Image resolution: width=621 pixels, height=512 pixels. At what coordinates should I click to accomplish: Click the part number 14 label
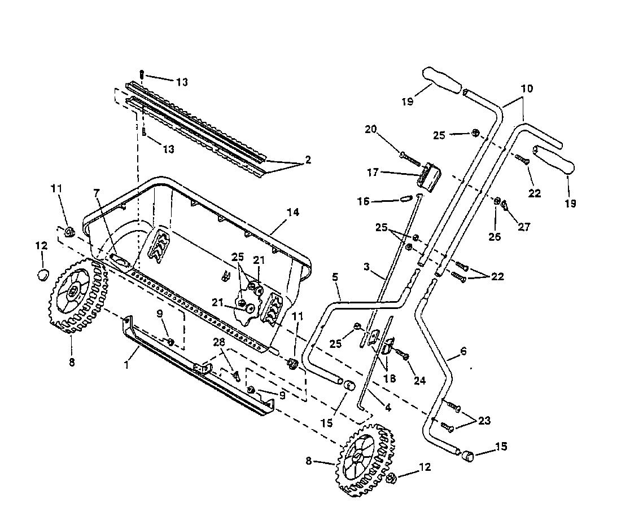pyautogui.click(x=293, y=212)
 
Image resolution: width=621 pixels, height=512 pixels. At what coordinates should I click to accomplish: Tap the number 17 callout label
pyautogui.click(x=373, y=173)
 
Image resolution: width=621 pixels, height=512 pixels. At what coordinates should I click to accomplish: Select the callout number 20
pyautogui.click(x=371, y=130)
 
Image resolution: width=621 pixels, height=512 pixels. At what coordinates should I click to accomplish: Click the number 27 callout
pyautogui.click(x=524, y=227)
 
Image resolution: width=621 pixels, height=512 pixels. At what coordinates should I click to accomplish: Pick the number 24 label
pyautogui.click(x=419, y=380)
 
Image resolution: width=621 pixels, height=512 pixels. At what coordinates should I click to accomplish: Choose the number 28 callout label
pyautogui.click(x=220, y=342)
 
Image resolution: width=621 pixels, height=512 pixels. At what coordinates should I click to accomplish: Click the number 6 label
pyautogui.click(x=463, y=351)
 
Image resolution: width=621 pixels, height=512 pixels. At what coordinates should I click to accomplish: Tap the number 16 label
pyautogui.click(x=363, y=202)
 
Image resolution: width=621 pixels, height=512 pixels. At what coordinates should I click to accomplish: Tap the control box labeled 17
pyautogui.click(x=429, y=176)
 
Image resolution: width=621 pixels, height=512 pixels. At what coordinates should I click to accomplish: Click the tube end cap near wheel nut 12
pyautogui.click(x=468, y=455)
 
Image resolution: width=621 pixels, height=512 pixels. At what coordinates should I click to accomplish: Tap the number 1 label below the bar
pyautogui.click(x=126, y=364)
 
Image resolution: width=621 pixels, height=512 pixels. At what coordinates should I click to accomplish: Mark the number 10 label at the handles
pyautogui.click(x=527, y=88)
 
